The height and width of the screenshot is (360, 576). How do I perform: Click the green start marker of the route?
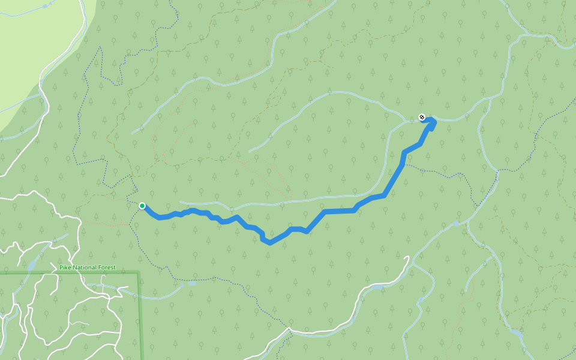[x=142, y=206]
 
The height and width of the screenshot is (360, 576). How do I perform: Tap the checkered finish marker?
[x=422, y=118]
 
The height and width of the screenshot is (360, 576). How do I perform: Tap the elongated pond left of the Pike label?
[x=31, y=264]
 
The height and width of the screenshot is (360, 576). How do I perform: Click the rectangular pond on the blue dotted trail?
[x=192, y=283]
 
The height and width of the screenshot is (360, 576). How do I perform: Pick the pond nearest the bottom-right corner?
[x=515, y=332]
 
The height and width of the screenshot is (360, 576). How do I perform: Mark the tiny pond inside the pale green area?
[x=45, y=6]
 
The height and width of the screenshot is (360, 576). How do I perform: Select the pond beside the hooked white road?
[x=376, y=287]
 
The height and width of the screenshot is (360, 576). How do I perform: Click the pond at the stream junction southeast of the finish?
[x=456, y=223]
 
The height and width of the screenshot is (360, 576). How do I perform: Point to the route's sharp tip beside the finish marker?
[x=433, y=121]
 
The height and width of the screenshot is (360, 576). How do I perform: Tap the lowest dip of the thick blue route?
[x=269, y=242]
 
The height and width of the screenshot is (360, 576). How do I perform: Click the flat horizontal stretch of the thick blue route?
[x=339, y=211]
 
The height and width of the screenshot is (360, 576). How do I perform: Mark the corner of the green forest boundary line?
[x=139, y=274]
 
